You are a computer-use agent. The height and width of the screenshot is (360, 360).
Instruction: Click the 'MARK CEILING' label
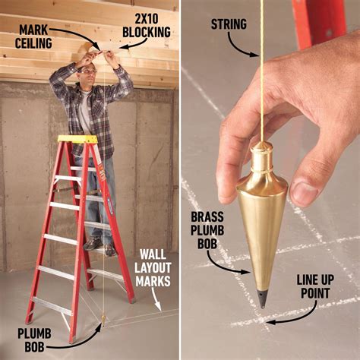[35, 36]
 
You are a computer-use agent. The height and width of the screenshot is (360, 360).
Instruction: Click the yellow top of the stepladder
[77, 140]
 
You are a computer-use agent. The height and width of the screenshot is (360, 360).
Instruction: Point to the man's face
[88, 77]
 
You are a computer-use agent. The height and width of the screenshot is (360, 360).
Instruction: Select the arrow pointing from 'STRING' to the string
[244, 47]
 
